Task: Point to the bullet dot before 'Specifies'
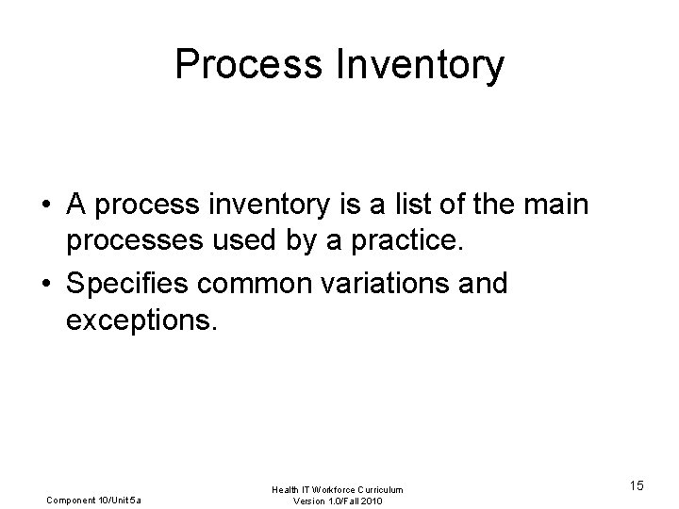[44, 284]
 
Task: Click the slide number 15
[637, 485]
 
